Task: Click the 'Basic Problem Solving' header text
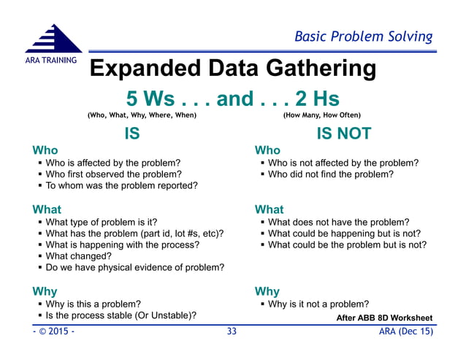tap(363, 36)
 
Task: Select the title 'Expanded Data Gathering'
tap(232, 69)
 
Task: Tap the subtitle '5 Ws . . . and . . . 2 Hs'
tap(232, 98)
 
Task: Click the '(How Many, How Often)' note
tap(321, 115)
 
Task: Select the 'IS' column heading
tap(131, 134)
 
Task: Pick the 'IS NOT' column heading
tap(343, 134)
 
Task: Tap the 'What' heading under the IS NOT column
tap(270, 210)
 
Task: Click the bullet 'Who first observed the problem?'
tap(113, 175)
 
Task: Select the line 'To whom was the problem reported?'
tap(121, 186)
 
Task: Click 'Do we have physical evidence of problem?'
tap(134, 268)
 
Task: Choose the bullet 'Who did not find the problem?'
tap(330, 175)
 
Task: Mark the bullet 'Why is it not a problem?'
tap(318, 304)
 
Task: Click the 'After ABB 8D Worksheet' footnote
tap(384, 318)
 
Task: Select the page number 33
tap(232, 332)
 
